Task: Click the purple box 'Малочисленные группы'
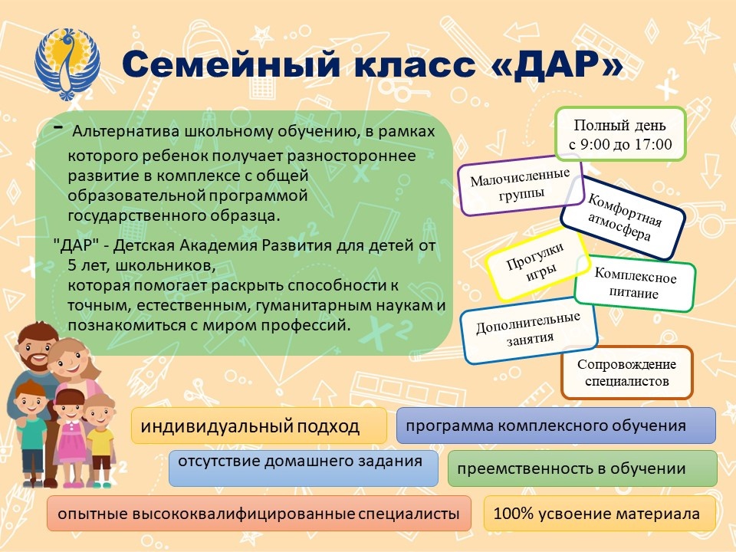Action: coord(521,185)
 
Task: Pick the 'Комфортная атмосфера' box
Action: coord(623,218)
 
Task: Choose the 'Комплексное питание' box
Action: coord(635,285)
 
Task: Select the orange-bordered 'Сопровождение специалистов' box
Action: coord(626,373)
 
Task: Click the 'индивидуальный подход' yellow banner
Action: coord(258,426)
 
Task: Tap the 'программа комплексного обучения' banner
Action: coord(556,426)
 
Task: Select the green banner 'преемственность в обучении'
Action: coord(582,468)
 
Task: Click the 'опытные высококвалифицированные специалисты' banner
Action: coord(258,514)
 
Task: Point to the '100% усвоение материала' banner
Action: coord(600,514)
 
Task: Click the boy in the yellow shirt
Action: coord(100,437)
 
